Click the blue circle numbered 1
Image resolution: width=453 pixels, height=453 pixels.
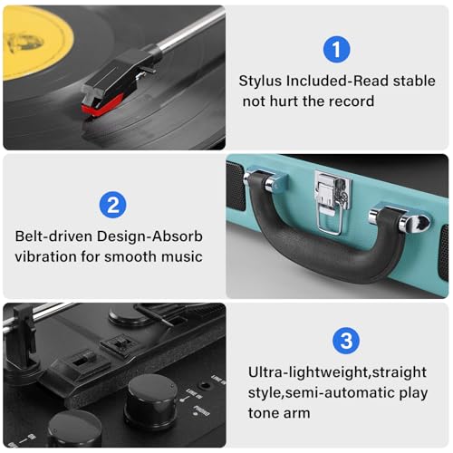(336, 50)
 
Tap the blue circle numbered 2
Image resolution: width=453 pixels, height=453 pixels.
(112, 205)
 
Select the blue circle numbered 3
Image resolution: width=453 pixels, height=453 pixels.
(346, 341)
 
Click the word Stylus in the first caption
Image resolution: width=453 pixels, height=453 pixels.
(260, 82)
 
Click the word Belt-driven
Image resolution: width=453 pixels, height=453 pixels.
(53, 236)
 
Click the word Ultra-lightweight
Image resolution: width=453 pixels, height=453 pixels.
(308, 372)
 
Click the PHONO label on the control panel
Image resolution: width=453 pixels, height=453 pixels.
(202, 410)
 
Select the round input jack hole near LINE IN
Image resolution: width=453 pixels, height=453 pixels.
(205, 386)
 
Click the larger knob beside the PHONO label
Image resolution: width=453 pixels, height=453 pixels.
(153, 400)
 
